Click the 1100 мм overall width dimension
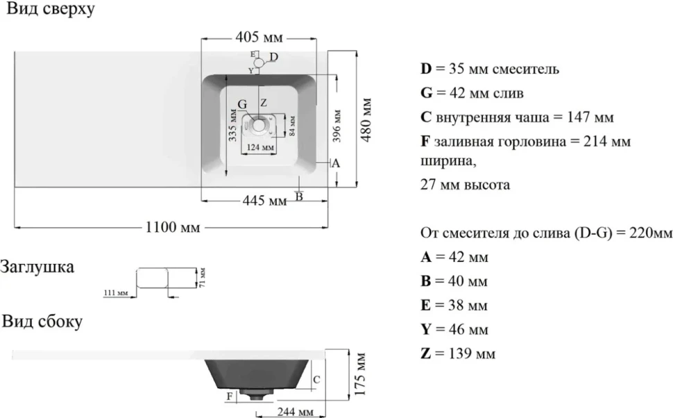[173, 227]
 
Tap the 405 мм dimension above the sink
[259, 37]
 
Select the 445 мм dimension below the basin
[264, 200]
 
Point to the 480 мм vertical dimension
[366, 120]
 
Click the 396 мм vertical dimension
[337, 126]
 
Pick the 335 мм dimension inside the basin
[232, 126]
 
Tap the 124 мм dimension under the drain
[259, 147]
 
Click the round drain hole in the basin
[259, 124]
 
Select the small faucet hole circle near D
[259, 63]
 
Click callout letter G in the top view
[242, 104]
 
